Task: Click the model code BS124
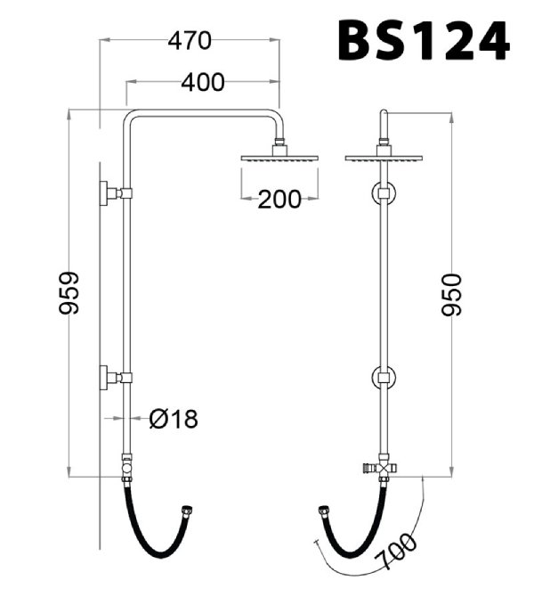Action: coord(424,40)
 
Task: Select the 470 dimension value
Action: coord(190,40)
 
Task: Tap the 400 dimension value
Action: coord(202,83)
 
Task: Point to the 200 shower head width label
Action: coord(279,199)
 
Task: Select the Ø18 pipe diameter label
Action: coord(173,418)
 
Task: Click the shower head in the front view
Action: coord(384,158)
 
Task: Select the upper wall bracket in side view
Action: coord(115,192)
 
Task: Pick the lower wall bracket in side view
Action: coord(115,378)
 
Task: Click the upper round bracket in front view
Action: coord(384,193)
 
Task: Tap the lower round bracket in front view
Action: coord(384,379)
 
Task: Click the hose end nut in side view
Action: coord(186,511)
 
